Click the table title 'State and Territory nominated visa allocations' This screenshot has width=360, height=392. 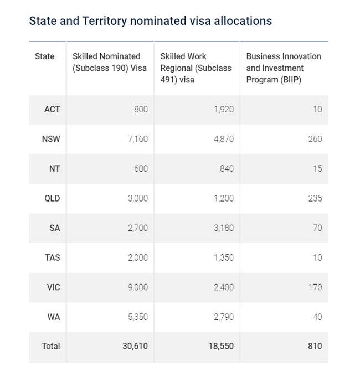[x=150, y=21]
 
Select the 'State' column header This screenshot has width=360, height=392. [x=45, y=56]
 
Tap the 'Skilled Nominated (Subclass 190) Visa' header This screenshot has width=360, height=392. [x=110, y=62]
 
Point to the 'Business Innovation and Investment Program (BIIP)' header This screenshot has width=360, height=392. [x=283, y=68]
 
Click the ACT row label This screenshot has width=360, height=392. [x=52, y=109]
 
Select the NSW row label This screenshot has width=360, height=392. [x=51, y=139]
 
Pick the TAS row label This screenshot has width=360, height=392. [x=52, y=257]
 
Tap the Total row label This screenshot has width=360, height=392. [x=51, y=346]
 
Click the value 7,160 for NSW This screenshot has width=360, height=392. [x=137, y=139]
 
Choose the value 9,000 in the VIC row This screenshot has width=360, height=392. [x=137, y=287]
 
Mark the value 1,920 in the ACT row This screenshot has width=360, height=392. [x=223, y=109]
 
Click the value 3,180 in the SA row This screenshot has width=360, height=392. [x=223, y=228]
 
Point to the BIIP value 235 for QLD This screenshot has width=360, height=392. [x=315, y=198]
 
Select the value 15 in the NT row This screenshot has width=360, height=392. [x=317, y=168]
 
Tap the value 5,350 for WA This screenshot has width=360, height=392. [x=137, y=317]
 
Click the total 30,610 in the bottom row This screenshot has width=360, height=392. [x=135, y=346]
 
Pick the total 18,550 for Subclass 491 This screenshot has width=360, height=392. [x=221, y=346]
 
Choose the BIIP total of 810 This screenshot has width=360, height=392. [x=314, y=346]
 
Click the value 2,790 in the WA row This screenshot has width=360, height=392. [x=223, y=317]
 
